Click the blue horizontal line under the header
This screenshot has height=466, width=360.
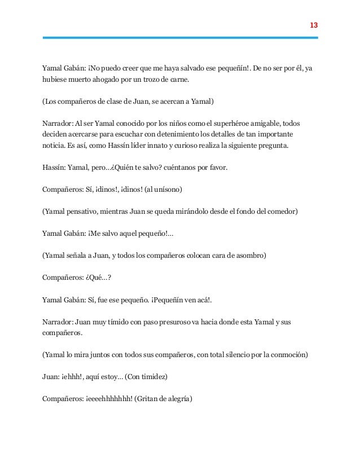[x=180, y=38]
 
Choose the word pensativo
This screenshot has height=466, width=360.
[x=82, y=211]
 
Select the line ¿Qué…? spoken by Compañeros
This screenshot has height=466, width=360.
[x=93, y=277]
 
